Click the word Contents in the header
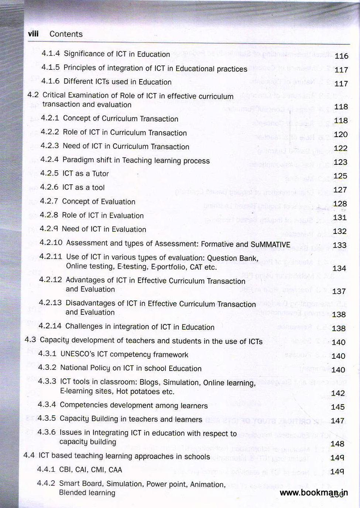pyautogui.click(x=66, y=34)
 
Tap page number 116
pyautogui.click(x=341, y=56)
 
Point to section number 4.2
pyautogui.click(x=33, y=95)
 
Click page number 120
pyautogui.click(x=340, y=134)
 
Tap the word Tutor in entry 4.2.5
pyautogui.click(x=100, y=174)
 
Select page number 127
pyautogui.click(x=340, y=190)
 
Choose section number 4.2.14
pyautogui.click(x=50, y=326)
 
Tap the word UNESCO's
pyautogui.click(x=77, y=354)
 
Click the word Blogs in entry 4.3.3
pyautogui.click(x=149, y=382)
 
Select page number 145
pyautogui.click(x=337, y=407)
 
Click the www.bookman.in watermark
pyautogui.click(x=313, y=492)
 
